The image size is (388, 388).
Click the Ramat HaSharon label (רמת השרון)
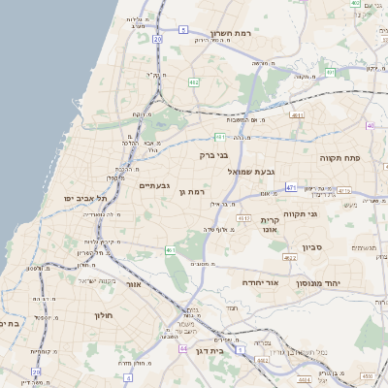click(x=230, y=33)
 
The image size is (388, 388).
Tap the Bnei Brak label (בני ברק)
click(x=214, y=154)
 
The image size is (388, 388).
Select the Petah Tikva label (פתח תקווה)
click(x=340, y=156)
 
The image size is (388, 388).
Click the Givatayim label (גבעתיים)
click(x=155, y=185)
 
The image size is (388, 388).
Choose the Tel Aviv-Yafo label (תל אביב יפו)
click(x=86, y=198)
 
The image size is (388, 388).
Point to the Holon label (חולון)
click(x=105, y=316)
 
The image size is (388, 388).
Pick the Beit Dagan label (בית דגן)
click(x=210, y=351)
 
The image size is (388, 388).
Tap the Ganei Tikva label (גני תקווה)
click(x=301, y=212)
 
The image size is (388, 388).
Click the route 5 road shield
click(x=182, y=30)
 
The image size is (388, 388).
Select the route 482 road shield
click(x=194, y=82)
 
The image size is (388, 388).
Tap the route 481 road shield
click(x=220, y=137)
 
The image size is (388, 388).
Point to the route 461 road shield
click(x=170, y=250)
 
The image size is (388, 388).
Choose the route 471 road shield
click(x=291, y=186)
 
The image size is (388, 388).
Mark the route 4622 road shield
click(x=290, y=258)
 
